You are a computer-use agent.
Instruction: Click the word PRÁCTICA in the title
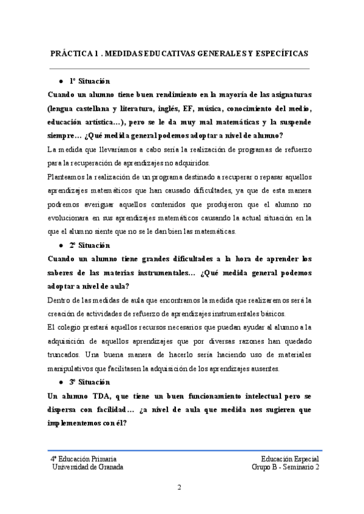69,53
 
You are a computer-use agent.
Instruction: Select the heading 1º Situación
90,81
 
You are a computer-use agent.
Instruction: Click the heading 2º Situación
90,245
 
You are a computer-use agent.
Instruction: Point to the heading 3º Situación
90,382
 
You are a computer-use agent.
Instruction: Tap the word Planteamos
66,177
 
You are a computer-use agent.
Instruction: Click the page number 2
180,487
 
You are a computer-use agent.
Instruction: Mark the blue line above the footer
182,451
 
